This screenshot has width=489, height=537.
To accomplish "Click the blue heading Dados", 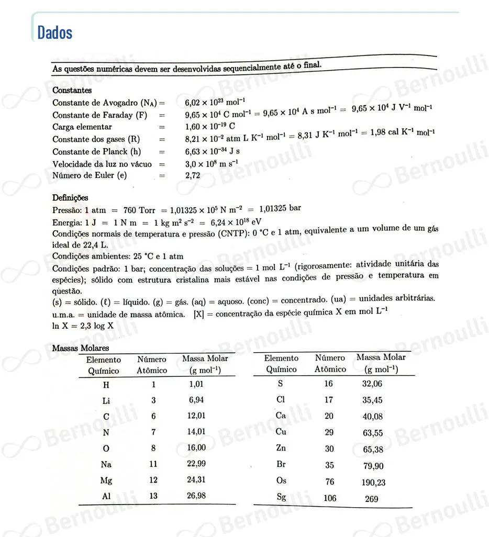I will (x=54, y=32).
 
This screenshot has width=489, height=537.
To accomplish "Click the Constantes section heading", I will (x=72, y=90).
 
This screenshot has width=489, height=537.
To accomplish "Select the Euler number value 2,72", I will (x=193, y=176).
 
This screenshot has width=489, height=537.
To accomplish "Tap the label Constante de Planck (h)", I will (x=97, y=152).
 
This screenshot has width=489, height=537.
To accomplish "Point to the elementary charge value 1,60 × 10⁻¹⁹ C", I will (x=210, y=127).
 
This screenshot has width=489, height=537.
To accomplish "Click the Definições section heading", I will (x=70, y=197).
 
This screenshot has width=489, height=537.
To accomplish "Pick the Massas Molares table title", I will (x=80, y=348).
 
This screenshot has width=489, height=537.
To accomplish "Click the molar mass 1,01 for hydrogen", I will (x=196, y=384).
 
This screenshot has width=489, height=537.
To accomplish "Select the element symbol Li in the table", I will (x=107, y=400).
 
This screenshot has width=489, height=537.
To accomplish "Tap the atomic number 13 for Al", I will (x=153, y=496).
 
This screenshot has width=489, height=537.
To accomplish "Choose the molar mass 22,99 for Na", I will (x=196, y=464).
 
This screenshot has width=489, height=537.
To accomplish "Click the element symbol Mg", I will (x=106, y=480).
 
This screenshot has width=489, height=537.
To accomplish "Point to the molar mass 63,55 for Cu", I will (x=372, y=433).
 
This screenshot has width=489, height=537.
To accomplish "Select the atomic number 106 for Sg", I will (x=330, y=498).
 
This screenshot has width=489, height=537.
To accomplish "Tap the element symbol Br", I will (x=281, y=464).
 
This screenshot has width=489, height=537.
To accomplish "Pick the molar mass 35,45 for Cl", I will (x=372, y=400).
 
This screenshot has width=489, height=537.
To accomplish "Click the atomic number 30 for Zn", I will (x=329, y=449).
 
